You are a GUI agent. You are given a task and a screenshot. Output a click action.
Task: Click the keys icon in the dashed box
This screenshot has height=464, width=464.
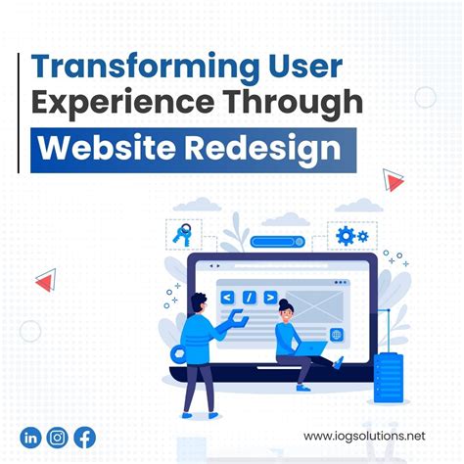(x=183, y=233)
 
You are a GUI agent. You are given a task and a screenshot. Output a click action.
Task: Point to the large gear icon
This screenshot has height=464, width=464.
(x=345, y=235)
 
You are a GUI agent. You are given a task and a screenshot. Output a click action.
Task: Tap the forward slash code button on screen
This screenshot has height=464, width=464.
(x=250, y=294)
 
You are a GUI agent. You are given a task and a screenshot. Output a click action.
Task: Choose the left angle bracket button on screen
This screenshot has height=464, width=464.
(x=227, y=294)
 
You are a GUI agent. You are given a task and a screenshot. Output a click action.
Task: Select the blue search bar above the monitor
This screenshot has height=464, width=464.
(x=278, y=241)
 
